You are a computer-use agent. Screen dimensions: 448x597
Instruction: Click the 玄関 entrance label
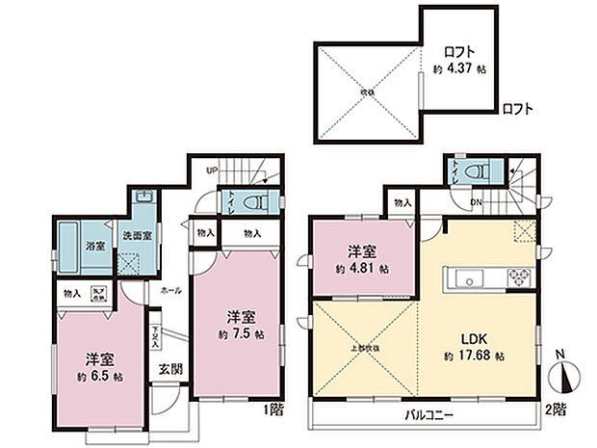pyautogui.click(x=169, y=367)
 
